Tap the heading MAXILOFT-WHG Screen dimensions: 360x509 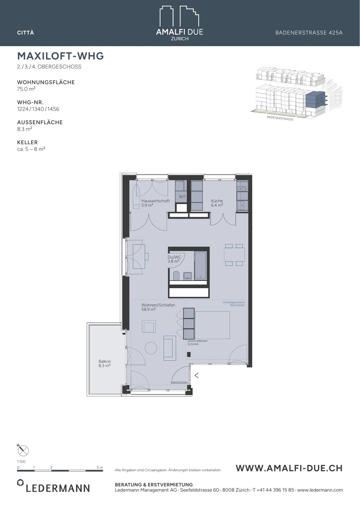coord(61,56)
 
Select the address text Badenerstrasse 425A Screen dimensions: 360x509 coord(309,33)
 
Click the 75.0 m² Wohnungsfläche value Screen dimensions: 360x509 coord(26,89)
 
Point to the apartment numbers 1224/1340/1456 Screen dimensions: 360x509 coord(38,109)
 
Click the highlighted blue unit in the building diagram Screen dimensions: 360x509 coord(315,100)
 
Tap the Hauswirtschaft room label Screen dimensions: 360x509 coord(155,201)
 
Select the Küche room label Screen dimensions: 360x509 coord(217,201)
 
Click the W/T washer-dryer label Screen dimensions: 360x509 coord(182,197)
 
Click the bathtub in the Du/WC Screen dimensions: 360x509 coord(200,266)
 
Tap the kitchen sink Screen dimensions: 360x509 coord(241,205)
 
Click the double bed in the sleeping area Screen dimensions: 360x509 coord(212,325)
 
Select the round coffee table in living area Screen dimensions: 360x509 coord(151,348)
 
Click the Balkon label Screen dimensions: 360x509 coord(105,361)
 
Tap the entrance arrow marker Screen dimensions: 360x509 coord(196,376)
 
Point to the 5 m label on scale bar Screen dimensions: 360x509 coord(100,468)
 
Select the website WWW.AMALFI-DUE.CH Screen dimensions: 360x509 coord(289,468)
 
